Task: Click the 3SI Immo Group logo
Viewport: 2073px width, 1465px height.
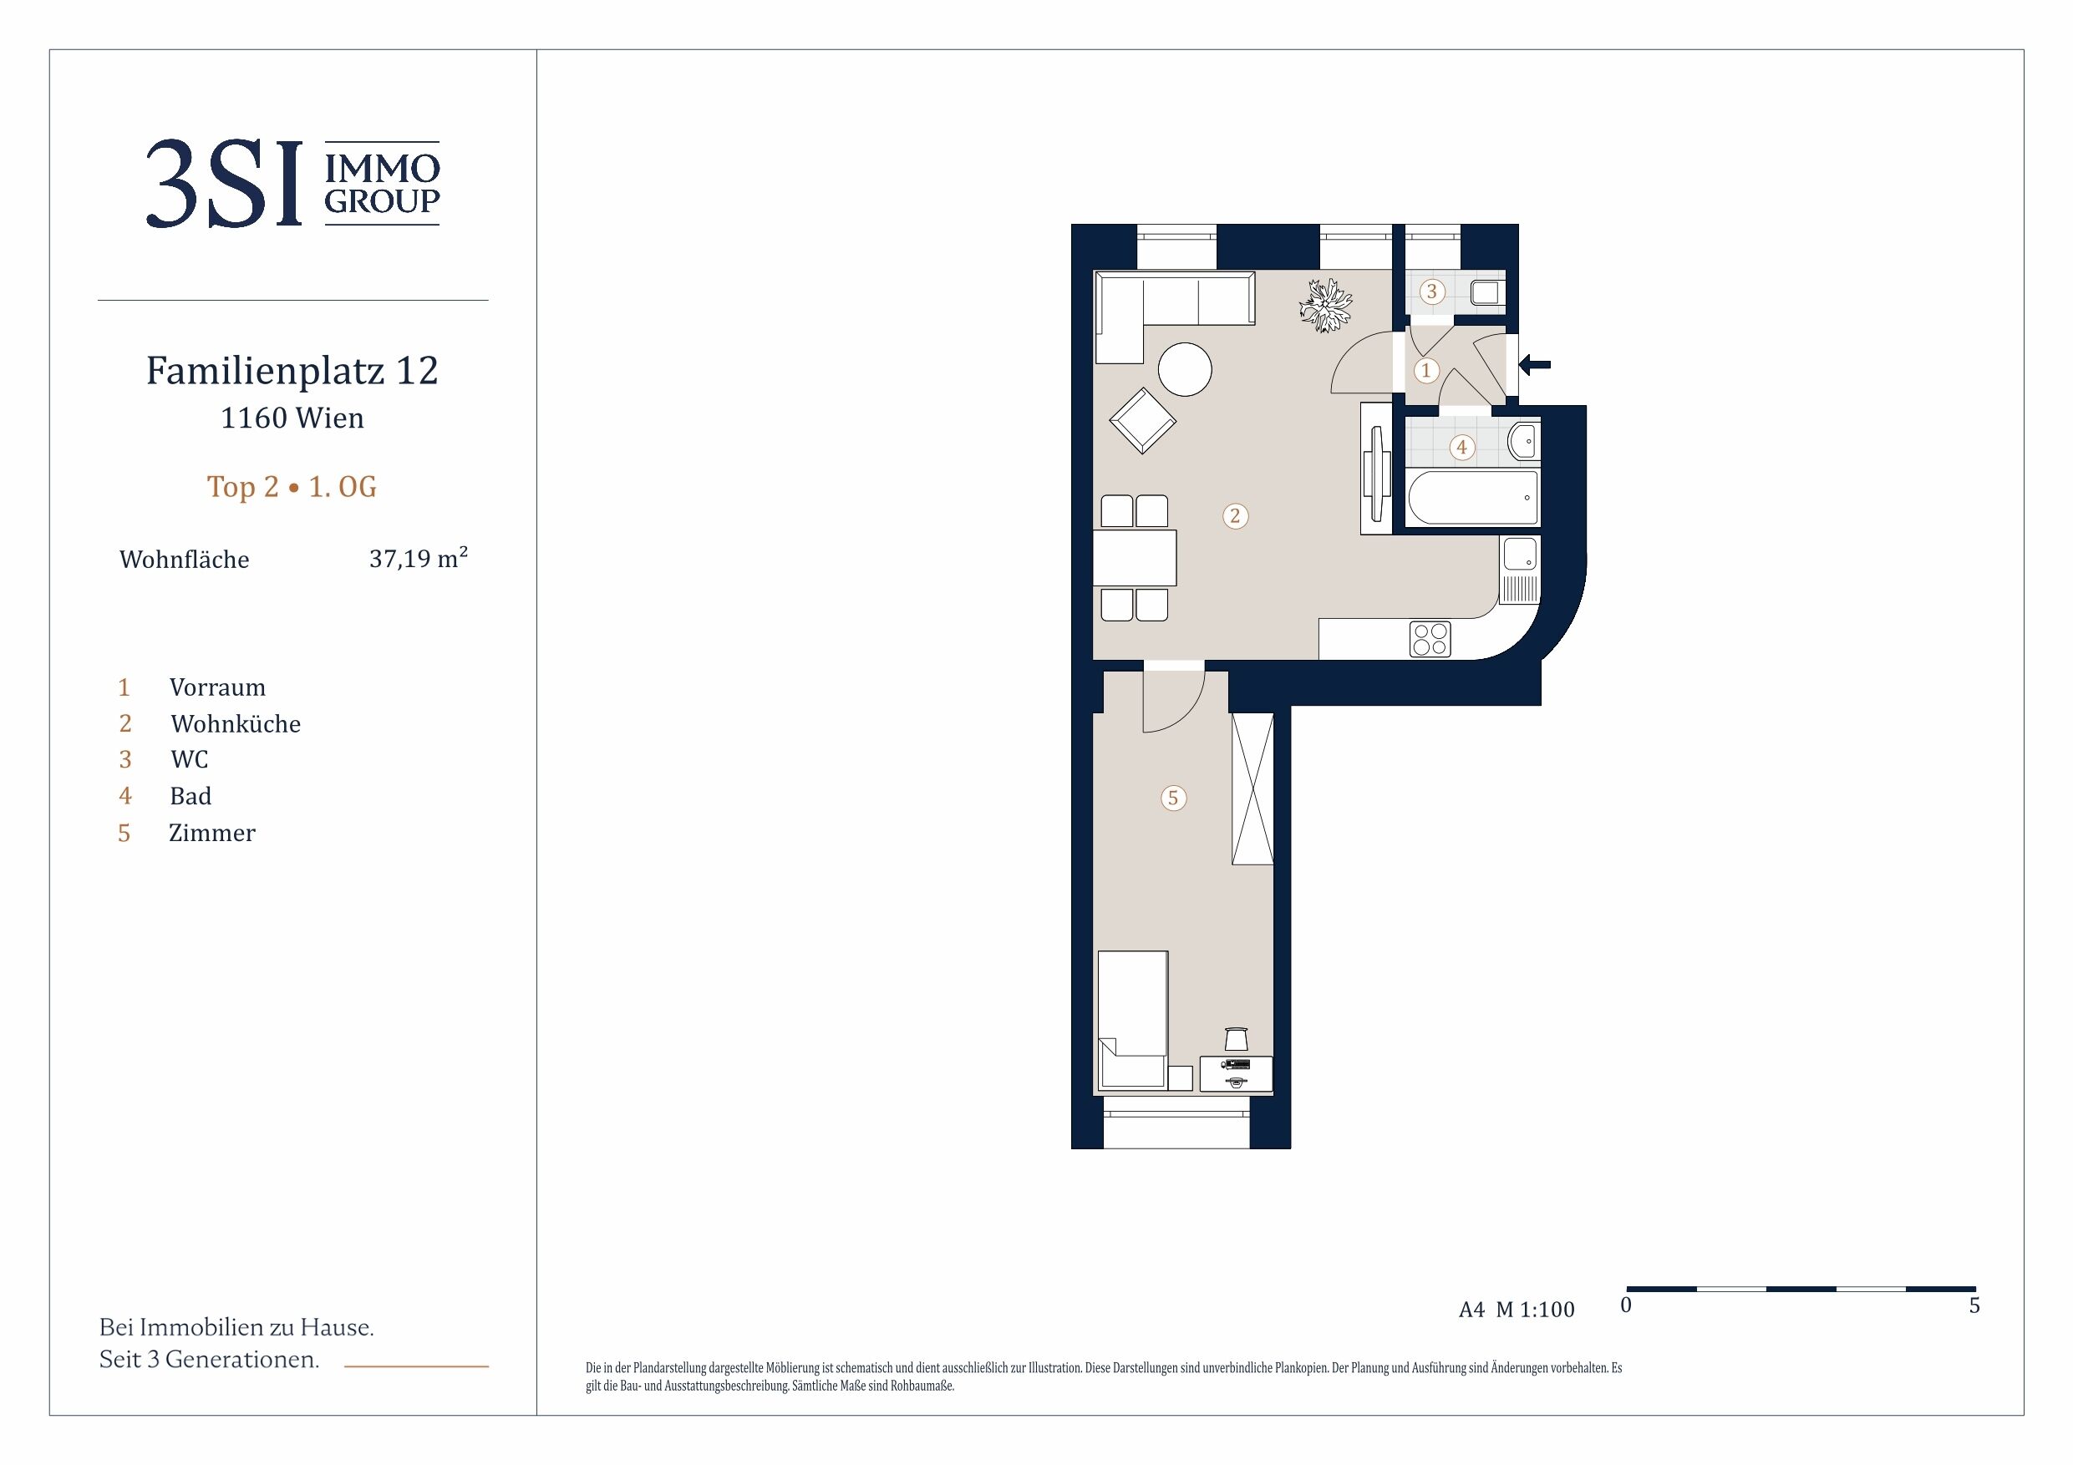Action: (x=293, y=183)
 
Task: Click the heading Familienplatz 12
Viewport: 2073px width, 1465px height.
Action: (x=292, y=370)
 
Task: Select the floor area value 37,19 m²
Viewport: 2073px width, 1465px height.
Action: (x=418, y=559)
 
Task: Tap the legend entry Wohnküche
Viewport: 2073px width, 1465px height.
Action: (x=236, y=724)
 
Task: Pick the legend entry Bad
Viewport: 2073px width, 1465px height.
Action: (x=191, y=796)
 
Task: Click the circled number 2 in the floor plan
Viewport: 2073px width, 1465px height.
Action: (x=1235, y=516)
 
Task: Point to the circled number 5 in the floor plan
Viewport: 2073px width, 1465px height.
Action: (x=1173, y=798)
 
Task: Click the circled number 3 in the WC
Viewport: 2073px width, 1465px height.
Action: (x=1431, y=291)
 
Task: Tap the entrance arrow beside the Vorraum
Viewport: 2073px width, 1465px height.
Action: (x=1535, y=365)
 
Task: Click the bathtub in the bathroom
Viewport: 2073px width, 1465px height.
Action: (x=1472, y=497)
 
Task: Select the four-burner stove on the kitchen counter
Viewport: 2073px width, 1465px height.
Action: (x=1430, y=639)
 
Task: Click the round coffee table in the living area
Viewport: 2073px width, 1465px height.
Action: (x=1185, y=369)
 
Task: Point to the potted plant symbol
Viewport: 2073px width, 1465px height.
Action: (x=1325, y=305)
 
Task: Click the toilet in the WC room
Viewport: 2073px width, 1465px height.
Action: (x=1487, y=292)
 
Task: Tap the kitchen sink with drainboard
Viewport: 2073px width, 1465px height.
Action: (x=1521, y=570)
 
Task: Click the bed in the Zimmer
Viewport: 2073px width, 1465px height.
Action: (x=1133, y=1020)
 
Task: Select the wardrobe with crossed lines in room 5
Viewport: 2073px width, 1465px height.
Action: (x=1252, y=788)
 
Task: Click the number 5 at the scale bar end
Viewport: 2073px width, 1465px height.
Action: (x=1974, y=1306)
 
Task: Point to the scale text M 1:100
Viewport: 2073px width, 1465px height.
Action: (x=1535, y=1310)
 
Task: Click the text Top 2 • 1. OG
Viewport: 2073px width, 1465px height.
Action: (x=292, y=487)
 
